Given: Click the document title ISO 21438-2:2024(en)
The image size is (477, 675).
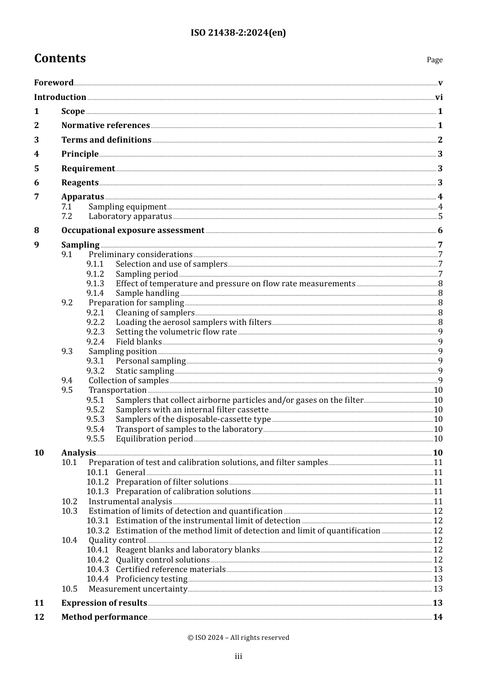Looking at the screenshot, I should click(238, 33).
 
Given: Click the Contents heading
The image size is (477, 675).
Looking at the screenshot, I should click(60, 59).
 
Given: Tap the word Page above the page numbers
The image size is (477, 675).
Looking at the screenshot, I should click(434, 60).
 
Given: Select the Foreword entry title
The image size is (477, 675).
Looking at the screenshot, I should click(54, 83).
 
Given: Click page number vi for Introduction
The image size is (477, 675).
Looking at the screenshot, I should click(439, 97).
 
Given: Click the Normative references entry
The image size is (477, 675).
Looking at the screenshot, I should click(105, 126).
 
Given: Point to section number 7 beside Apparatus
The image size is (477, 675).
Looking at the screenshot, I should click(37, 197).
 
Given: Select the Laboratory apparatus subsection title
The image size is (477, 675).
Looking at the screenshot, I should click(130, 216).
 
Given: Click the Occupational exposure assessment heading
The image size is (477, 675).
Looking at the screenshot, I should click(133, 231).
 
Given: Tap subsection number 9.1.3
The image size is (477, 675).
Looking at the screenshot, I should click(95, 284).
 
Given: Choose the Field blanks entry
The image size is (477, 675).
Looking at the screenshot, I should click(139, 342).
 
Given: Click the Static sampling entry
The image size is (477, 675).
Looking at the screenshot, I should click(145, 371).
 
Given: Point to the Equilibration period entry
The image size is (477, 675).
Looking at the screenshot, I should click(154, 439).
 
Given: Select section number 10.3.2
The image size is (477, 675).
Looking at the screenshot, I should click(97, 531).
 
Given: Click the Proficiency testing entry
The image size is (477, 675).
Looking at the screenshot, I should click(152, 579).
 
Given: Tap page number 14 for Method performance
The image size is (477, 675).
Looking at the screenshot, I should click(438, 617).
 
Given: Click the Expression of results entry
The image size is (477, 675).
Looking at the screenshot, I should click(104, 603).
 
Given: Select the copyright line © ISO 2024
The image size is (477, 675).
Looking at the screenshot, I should click(238, 638).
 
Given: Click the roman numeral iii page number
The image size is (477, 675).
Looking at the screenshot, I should click(238, 656).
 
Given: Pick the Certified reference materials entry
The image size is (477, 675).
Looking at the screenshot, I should click(171, 570).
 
